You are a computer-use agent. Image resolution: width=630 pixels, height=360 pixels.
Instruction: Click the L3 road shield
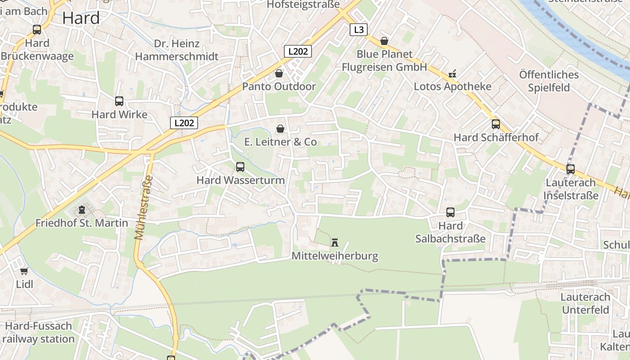tap(358, 30)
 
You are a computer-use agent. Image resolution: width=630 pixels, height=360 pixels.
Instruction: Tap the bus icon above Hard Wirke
tap(119, 101)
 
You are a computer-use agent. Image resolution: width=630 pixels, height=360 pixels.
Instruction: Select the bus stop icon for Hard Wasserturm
tap(240, 167)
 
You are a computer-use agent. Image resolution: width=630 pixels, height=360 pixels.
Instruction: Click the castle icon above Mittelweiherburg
tap(335, 243)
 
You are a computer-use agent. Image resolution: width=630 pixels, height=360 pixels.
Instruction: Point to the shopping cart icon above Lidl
tap(24, 271)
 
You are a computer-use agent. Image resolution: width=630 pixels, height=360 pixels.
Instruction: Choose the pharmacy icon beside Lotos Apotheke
tap(452, 74)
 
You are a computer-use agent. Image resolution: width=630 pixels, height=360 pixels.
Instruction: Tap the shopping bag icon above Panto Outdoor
tap(279, 73)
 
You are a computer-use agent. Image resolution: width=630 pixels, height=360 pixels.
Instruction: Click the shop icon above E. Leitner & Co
tap(280, 129)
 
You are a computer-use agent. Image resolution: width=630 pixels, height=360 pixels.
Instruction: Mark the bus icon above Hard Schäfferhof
tap(496, 124)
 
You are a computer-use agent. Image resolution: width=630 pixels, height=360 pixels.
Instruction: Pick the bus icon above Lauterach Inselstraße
tap(571, 169)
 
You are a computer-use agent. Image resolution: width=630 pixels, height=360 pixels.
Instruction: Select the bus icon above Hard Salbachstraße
tap(450, 212)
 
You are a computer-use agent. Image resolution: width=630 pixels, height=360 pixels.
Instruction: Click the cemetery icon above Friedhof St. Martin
tap(81, 210)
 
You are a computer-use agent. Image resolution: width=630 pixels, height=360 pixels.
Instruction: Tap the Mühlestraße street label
tap(144, 207)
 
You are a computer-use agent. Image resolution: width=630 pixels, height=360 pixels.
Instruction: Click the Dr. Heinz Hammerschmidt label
tap(177, 50)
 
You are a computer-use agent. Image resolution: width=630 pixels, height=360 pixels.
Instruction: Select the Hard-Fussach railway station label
tap(38, 332)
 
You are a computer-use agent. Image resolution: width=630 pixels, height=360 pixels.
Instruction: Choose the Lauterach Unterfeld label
tap(585, 303)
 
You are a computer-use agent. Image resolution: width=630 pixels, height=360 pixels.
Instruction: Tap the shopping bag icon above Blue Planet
tap(384, 41)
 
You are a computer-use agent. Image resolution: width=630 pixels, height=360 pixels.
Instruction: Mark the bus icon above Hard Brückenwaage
tap(37, 30)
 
